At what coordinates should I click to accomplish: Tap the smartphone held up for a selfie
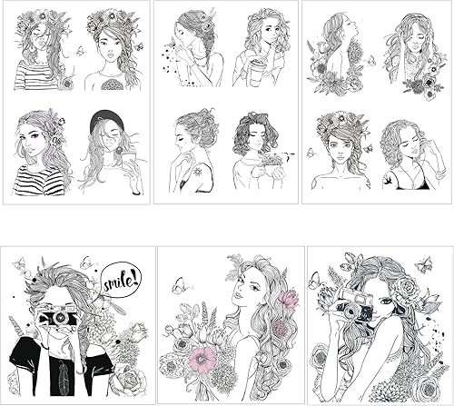pos(128,162)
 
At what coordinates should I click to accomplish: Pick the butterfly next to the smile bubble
pos(88,262)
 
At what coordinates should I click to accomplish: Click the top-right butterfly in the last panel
pos(423,266)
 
